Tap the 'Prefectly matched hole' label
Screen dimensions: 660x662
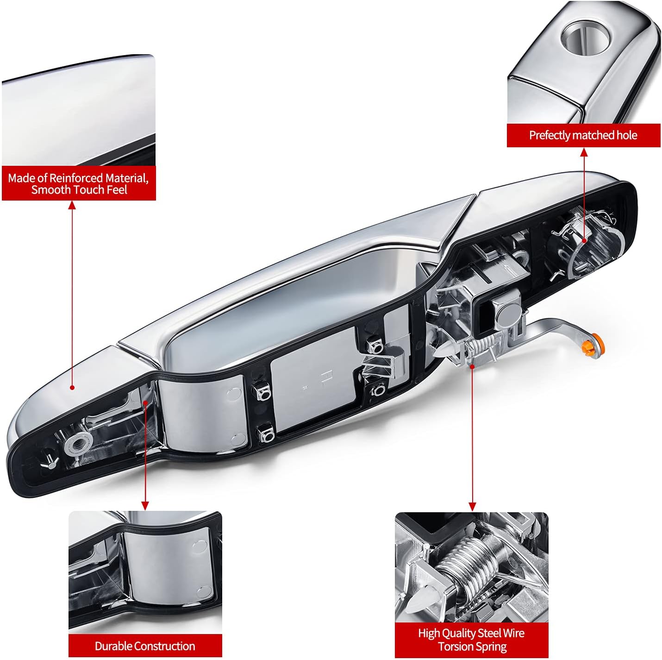tap(583, 135)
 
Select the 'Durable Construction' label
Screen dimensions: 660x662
tap(145, 646)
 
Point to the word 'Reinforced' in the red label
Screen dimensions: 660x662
tap(76, 178)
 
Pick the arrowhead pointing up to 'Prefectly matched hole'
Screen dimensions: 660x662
tap(584, 152)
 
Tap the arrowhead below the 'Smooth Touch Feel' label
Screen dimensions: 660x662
tap(72, 205)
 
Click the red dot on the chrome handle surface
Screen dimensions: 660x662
tap(72, 387)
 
